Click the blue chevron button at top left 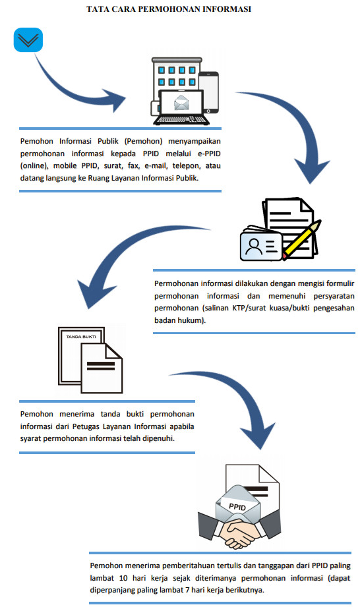pos(28,40)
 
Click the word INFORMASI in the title pos(228,9)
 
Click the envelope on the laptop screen pos(181,103)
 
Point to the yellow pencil pos(302,240)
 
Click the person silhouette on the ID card pos(255,246)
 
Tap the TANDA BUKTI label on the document pos(81,337)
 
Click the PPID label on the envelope pos(237,507)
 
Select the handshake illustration pos(239,530)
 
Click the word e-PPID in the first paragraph pos(209,154)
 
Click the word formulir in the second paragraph pos(341,283)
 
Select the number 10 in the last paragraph pos(123,578)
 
